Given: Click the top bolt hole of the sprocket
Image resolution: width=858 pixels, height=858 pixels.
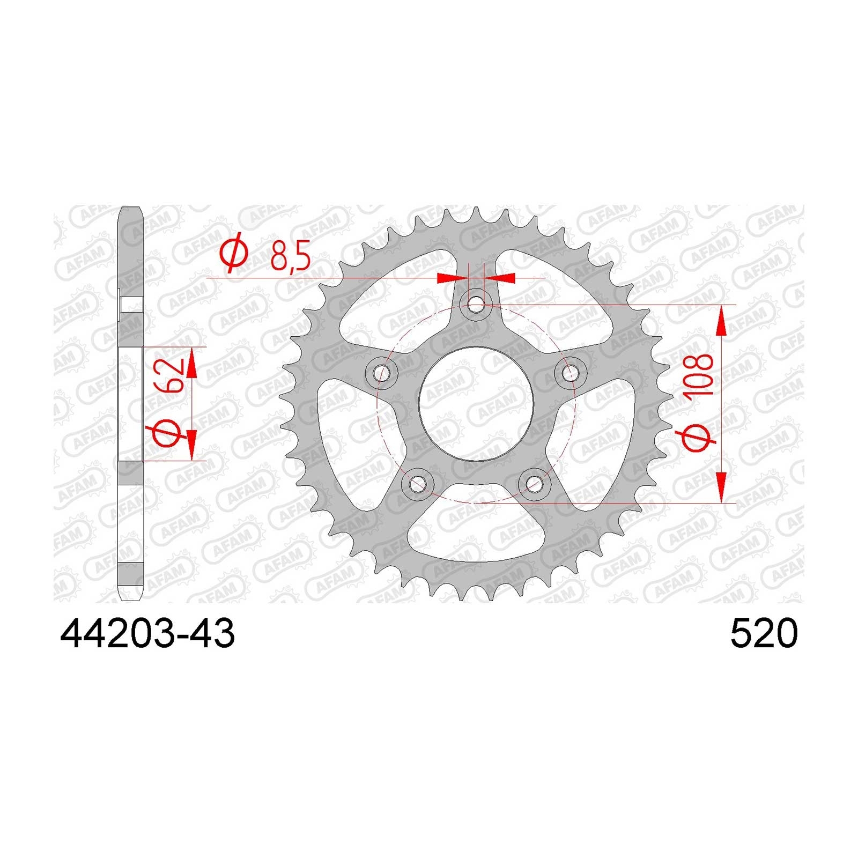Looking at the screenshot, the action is [475, 305].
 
